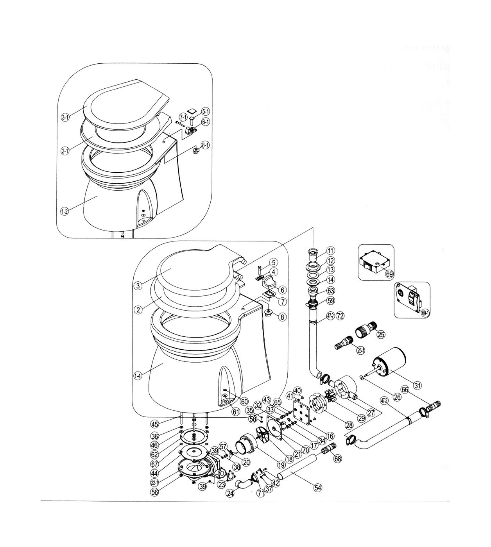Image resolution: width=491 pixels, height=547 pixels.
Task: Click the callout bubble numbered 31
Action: pyautogui.click(x=418, y=386)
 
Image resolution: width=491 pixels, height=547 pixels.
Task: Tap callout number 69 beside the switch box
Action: pyautogui.click(x=389, y=274)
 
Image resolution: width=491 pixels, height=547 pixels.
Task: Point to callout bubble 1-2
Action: pyautogui.click(x=65, y=211)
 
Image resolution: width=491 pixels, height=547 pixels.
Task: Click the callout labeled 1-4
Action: pyautogui.click(x=138, y=376)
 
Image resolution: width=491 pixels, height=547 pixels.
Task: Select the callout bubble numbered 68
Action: pyautogui.click(x=337, y=458)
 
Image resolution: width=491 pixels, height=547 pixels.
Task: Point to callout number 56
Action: pyautogui.click(x=155, y=493)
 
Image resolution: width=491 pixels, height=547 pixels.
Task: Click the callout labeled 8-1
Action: pyautogui.click(x=206, y=145)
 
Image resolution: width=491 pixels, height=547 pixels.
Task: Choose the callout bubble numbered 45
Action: pyautogui.click(x=155, y=424)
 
